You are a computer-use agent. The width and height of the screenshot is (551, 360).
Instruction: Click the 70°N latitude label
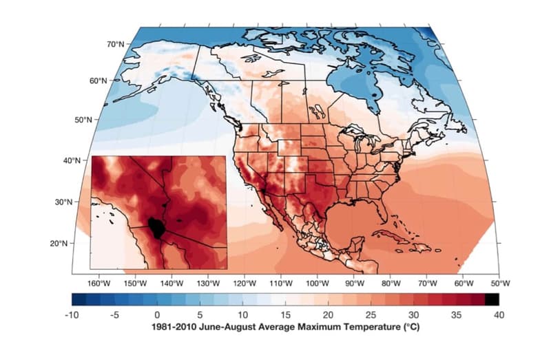tap(115, 44)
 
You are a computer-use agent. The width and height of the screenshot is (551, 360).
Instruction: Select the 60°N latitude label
tap(99, 81)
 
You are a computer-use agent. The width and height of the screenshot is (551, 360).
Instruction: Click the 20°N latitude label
tap(57, 243)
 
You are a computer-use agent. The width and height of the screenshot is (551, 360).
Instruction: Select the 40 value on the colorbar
tap(499, 315)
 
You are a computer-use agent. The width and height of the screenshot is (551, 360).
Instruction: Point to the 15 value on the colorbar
tap(286, 315)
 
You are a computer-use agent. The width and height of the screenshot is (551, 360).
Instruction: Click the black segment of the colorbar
tap(491, 299)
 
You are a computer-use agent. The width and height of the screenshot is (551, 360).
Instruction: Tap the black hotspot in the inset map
tap(156, 226)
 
